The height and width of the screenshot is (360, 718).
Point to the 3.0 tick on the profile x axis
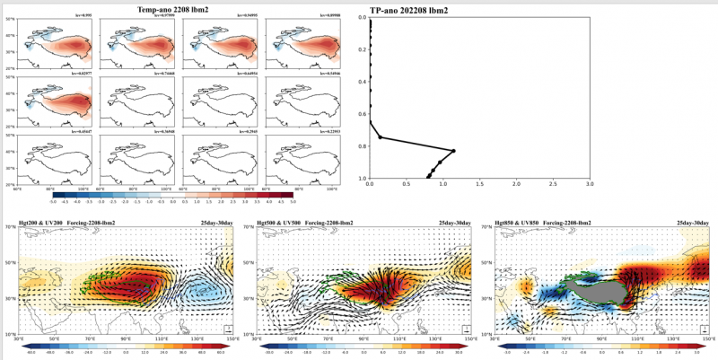pyautogui.click(x=590, y=184)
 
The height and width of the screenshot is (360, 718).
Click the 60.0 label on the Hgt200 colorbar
pyautogui.click(x=221, y=353)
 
